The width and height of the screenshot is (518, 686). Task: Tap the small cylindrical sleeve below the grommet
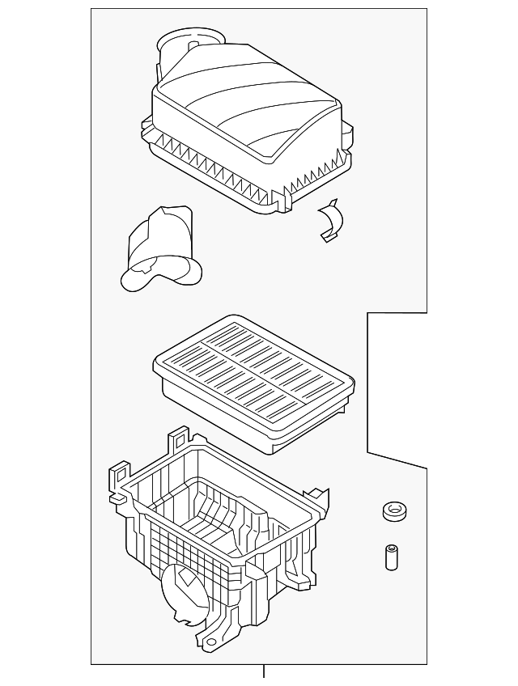coord(392,558)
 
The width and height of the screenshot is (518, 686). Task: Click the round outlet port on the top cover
coord(193,42)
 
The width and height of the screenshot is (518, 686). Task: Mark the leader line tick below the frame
coord(263,671)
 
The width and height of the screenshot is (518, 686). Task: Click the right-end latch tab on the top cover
coord(350,133)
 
